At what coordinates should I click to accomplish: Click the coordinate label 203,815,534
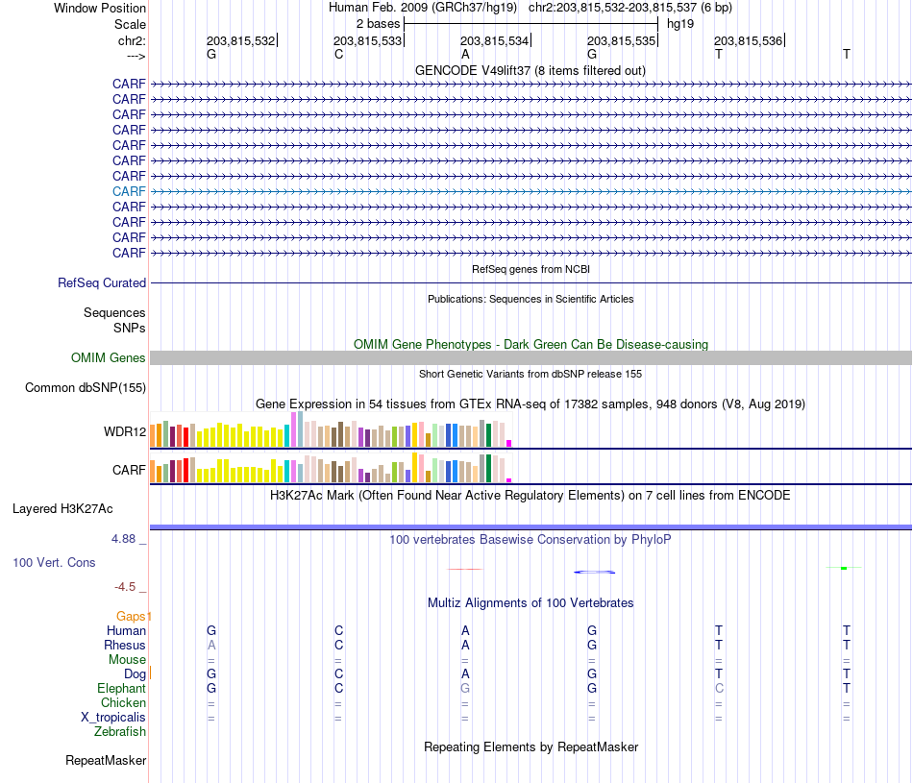point(494,40)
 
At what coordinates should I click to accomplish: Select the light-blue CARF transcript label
point(129,191)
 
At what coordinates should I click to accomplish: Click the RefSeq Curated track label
point(102,282)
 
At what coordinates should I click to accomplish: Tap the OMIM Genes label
point(109,358)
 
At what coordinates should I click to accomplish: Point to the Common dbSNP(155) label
point(86,388)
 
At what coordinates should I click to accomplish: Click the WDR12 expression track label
point(125,432)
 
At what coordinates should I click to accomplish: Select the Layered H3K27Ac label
point(62,509)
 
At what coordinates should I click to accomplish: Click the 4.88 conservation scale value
point(123,539)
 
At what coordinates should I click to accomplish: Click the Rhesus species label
point(125,645)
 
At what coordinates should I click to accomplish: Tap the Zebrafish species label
point(120,732)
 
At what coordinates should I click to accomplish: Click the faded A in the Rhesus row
point(211,645)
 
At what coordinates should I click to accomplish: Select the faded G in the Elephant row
point(465,688)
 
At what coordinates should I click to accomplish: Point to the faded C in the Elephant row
point(719,688)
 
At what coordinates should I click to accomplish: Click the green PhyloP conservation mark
point(844,568)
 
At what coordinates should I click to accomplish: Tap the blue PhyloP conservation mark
point(595,573)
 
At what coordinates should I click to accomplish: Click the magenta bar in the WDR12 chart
point(509,444)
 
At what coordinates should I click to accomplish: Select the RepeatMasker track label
point(106,760)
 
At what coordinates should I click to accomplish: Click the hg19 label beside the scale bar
point(680,24)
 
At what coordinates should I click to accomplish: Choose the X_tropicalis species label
point(113,718)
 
